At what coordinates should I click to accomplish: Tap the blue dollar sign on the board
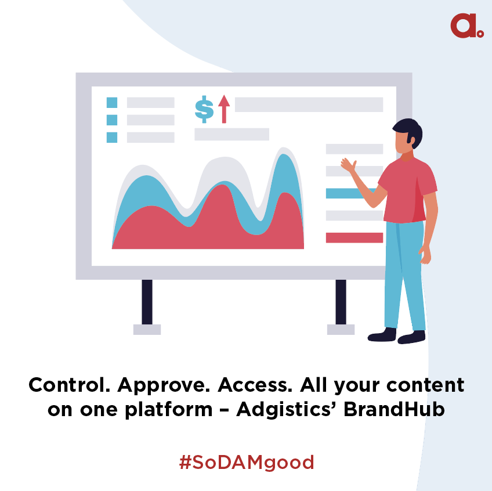point(204,109)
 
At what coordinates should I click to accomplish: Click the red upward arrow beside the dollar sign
point(224,109)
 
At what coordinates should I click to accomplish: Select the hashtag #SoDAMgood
point(247,463)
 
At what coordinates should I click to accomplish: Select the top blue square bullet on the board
point(112,103)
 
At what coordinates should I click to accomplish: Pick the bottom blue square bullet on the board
point(112,138)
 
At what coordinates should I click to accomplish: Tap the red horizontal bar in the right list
point(354,237)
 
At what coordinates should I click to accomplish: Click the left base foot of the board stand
point(147,330)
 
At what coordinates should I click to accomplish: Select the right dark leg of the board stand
point(341,302)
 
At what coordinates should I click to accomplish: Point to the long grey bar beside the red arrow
point(308,104)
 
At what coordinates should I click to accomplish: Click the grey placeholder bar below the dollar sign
point(231,134)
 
